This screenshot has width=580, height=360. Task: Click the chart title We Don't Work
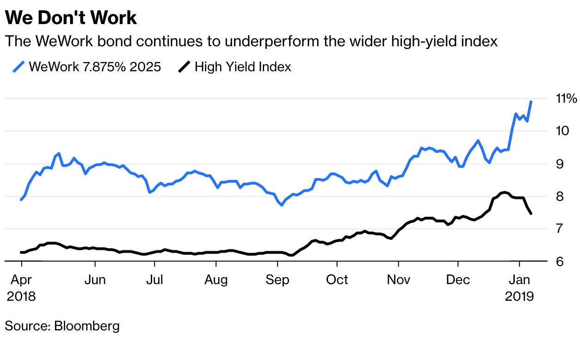(71, 18)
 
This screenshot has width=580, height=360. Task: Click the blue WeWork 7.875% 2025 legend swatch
(18, 67)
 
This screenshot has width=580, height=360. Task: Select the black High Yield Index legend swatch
(184, 67)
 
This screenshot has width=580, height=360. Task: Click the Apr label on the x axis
(21, 280)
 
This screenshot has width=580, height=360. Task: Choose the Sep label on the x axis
(277, 280)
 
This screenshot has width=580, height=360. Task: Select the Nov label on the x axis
(398, 280)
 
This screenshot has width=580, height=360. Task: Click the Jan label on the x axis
(519, 280)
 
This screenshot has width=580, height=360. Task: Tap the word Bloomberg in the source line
(87, 326)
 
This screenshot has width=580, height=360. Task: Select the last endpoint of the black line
(531, 213)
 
